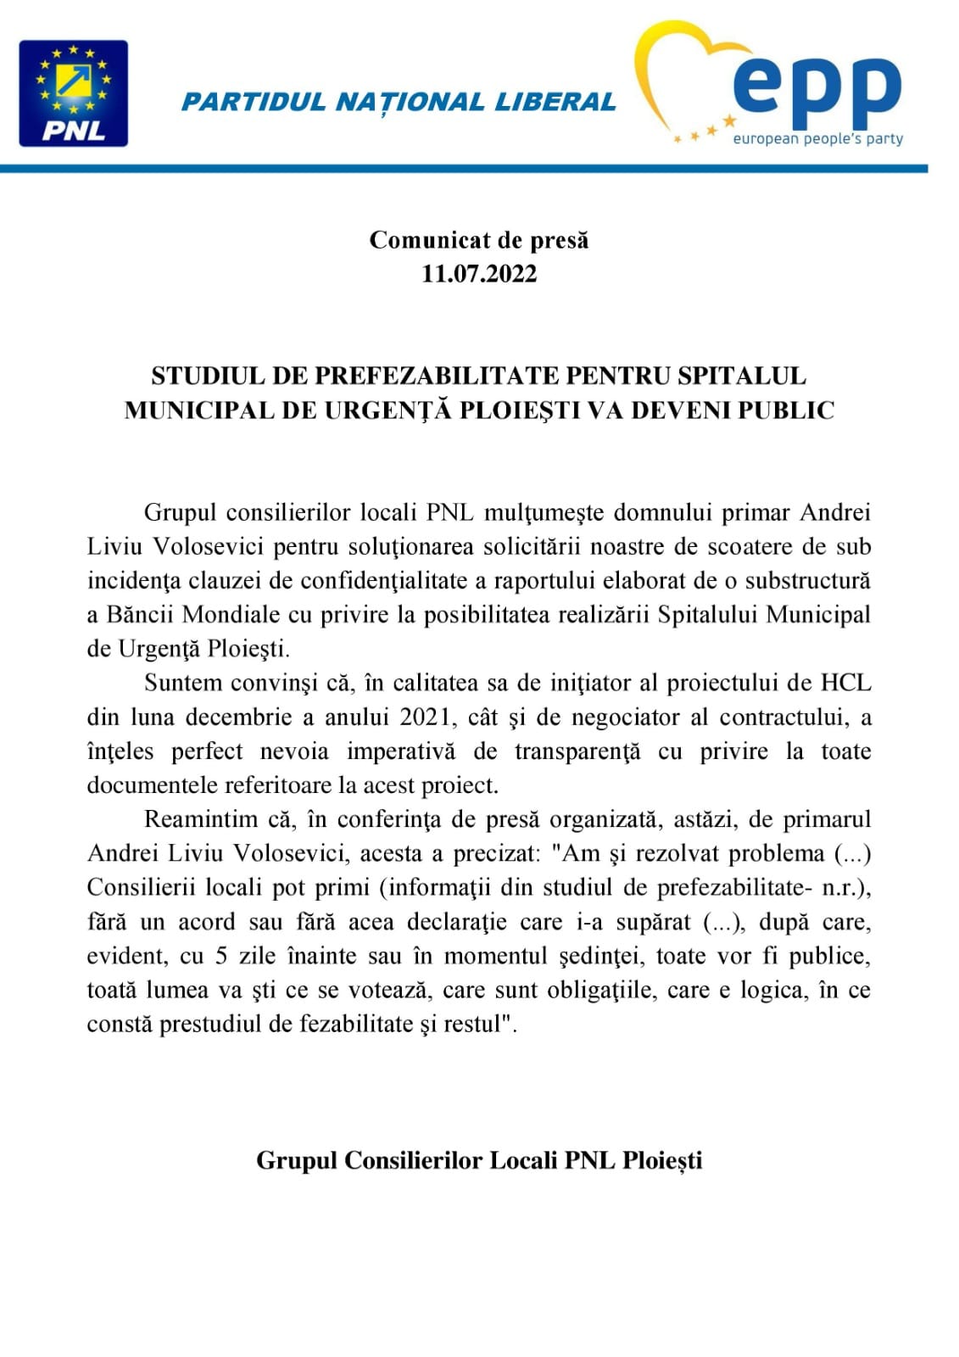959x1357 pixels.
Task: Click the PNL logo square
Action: point(74,93)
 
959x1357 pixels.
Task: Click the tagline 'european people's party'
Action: point(817,138)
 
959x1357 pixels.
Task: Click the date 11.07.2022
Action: point(479,274)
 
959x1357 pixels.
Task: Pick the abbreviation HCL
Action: point(845,683)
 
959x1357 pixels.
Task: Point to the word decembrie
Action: point(238,718)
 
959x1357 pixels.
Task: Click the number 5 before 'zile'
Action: point(221,956)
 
